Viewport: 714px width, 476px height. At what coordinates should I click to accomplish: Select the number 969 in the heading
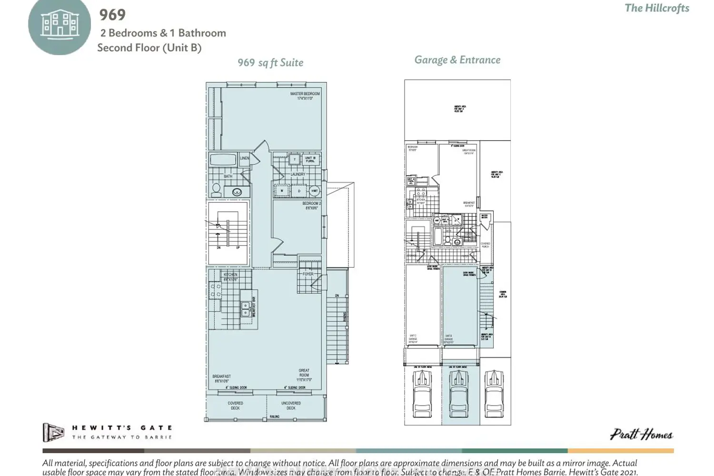[112, 15]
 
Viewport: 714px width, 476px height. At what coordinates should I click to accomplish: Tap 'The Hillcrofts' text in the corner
[657, 8]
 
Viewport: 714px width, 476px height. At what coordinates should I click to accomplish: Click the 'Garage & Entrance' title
[457, 60]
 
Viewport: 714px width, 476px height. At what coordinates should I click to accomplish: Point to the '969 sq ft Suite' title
[270, 63]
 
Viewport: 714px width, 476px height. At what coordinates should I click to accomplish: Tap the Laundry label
[298, 174]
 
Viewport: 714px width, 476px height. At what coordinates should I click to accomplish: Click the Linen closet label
[244, 159]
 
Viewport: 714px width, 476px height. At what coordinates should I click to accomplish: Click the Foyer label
[308, 274]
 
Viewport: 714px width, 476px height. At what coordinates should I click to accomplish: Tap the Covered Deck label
[235, 406]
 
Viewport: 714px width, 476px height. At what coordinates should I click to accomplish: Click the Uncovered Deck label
[291, 406]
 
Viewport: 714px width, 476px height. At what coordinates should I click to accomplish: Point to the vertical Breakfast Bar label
[254, 307]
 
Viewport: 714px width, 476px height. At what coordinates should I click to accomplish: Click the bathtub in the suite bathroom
[223, 159]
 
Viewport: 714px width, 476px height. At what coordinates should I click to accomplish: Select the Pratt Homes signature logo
[641, 435]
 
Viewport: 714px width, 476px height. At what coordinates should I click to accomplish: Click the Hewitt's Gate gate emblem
[53, 432]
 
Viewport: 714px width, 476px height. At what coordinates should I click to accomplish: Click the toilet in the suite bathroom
[216, 190]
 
